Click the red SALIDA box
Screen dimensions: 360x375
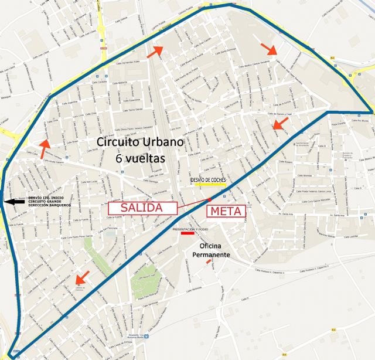point(142,208)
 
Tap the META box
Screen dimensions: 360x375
point(226,211)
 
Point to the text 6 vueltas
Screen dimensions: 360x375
point(139,158)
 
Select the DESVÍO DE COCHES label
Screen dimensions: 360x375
point(208,179)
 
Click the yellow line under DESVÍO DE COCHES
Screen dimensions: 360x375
point(210,184)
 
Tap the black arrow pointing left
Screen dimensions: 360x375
point(11,202)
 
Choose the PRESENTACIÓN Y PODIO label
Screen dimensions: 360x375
point(190,228)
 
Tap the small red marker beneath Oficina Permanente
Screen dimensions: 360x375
point(209,261)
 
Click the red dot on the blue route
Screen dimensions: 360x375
point(209,199)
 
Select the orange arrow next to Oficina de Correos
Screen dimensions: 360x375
point(83,276)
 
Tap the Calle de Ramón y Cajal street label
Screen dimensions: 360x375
point(284,114)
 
